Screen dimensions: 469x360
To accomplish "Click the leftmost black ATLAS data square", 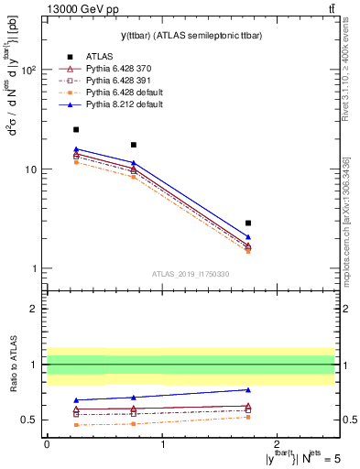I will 76,130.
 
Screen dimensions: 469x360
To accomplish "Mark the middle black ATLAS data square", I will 134,145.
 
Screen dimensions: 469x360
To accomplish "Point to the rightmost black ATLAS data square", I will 248,223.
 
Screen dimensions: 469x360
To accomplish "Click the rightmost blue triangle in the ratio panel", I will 248,389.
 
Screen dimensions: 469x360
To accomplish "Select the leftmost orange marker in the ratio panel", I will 76,425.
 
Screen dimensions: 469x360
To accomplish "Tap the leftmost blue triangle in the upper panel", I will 76,148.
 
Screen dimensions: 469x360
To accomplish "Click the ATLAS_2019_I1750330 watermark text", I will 190,274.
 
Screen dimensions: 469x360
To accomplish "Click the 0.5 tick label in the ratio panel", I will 30,420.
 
